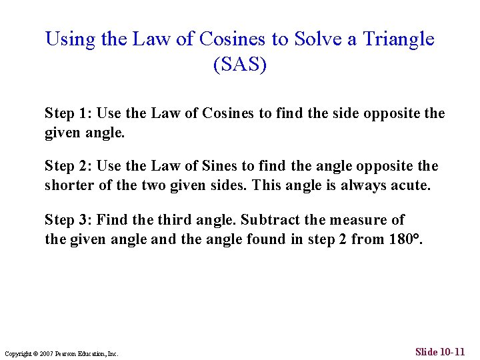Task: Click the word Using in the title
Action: tap(70, 39)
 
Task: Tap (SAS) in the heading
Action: tap(239, 65)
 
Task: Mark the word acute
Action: tap(412, 185)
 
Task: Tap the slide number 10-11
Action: tap(451, 351)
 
